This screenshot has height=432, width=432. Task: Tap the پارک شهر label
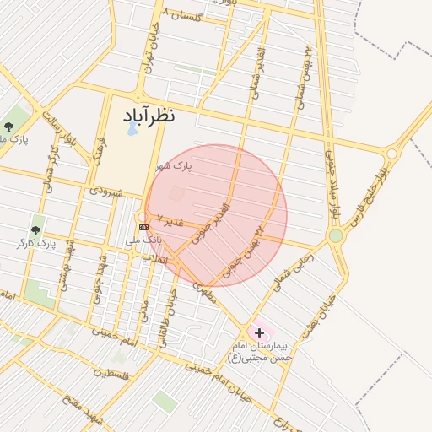pos(173,165)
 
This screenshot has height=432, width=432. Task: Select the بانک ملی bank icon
pos(143,227)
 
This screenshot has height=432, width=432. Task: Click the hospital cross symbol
pos(259,333)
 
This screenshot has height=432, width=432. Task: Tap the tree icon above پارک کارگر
pos(35,229)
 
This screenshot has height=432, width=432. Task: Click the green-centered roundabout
pos(336,235)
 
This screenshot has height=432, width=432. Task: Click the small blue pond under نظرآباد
pos(132,130)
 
